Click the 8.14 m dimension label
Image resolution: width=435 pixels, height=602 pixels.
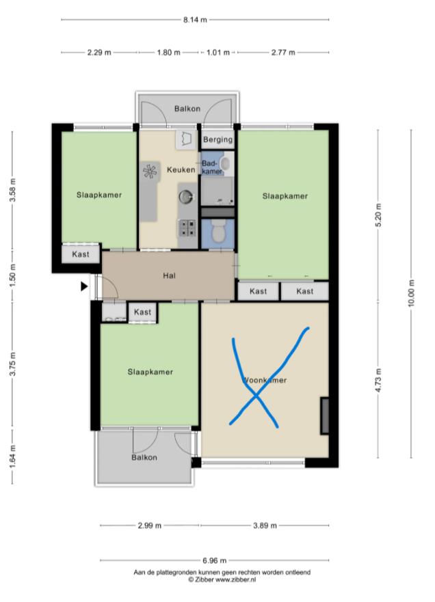pyautogui.click(x=195, y=20)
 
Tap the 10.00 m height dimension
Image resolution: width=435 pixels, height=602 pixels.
pyautogui.click(x=411, y=293)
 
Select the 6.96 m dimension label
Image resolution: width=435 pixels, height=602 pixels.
pyautogui.click(x=215, y=560)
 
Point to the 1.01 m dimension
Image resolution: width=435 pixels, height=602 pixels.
pyautogui.click(x=218, y=52)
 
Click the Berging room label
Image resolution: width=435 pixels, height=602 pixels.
pyautogui.click(x=218, y=139)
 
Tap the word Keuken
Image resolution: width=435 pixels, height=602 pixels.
pyautogui.click(x=181, y=169)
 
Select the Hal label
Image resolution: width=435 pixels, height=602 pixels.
pyautogui.click(x=169, y=275)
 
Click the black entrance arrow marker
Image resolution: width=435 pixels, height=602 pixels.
pyautogui.click(x=84, y=286)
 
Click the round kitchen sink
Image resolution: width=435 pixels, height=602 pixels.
pyautogui.click(x=185, y=197)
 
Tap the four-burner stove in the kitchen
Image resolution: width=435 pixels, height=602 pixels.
pyautogui.click(x=187, y=228)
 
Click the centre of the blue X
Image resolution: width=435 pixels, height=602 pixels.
pyautogui.click(x=256, y=396)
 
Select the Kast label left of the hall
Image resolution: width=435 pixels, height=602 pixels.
pyautogui.click(x=81, y=254)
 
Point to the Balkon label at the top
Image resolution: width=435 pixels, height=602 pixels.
pyautogui.click(x=187, y=109)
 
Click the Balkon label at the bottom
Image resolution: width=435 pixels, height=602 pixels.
pyautogui.click(x=144, y=457)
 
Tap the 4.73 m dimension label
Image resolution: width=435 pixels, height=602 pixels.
pyautogui.click(x=378, y=380)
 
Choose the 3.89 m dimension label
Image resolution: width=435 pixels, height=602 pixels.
pyautogui.click(x=265, y=525)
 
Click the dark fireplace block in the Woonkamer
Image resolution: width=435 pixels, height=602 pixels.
pyautogui.click(x=325, y=416)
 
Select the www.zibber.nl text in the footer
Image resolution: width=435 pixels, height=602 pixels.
pyautogui.click(x=235, y=579)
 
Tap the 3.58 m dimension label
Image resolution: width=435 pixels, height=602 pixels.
pyautogui.click(x=12, y=190)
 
